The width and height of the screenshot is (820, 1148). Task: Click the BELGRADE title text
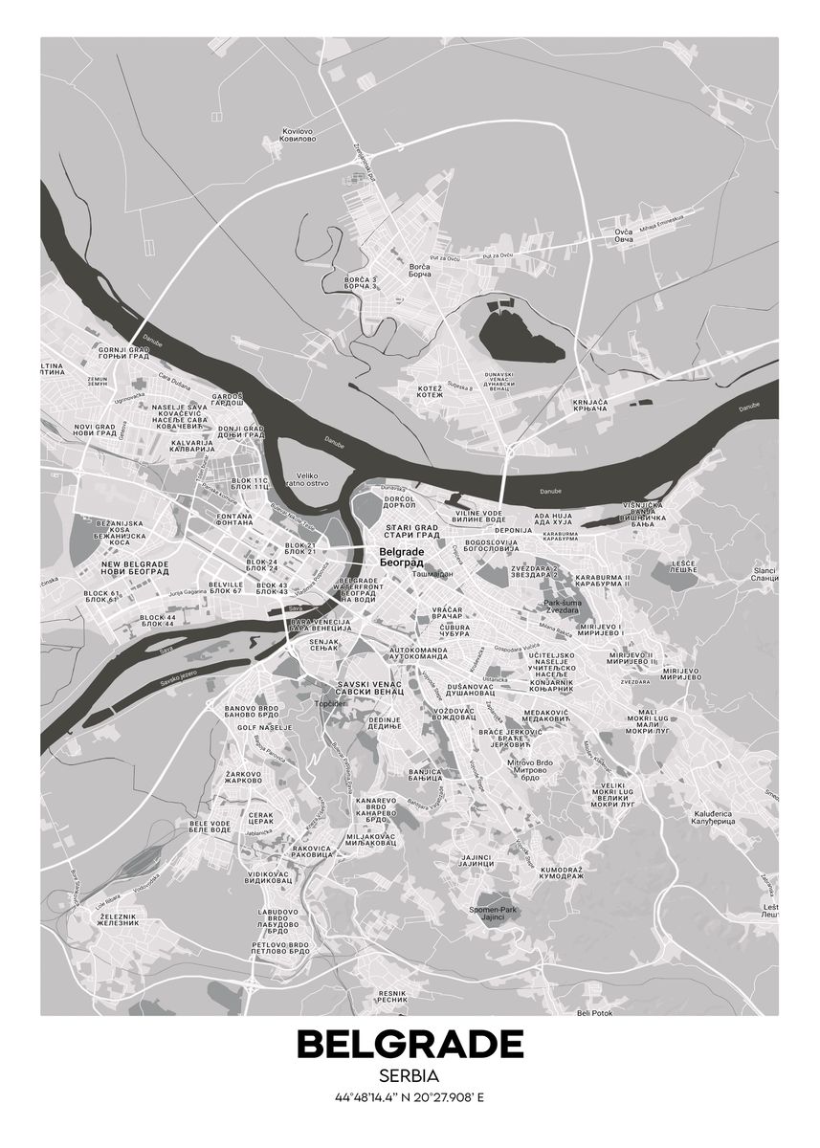point(410,1045)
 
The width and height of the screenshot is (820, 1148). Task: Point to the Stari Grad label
point(411,531)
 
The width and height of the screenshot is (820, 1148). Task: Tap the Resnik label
point(392,998)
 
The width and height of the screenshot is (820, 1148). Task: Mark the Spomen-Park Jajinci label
point(492,913)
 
